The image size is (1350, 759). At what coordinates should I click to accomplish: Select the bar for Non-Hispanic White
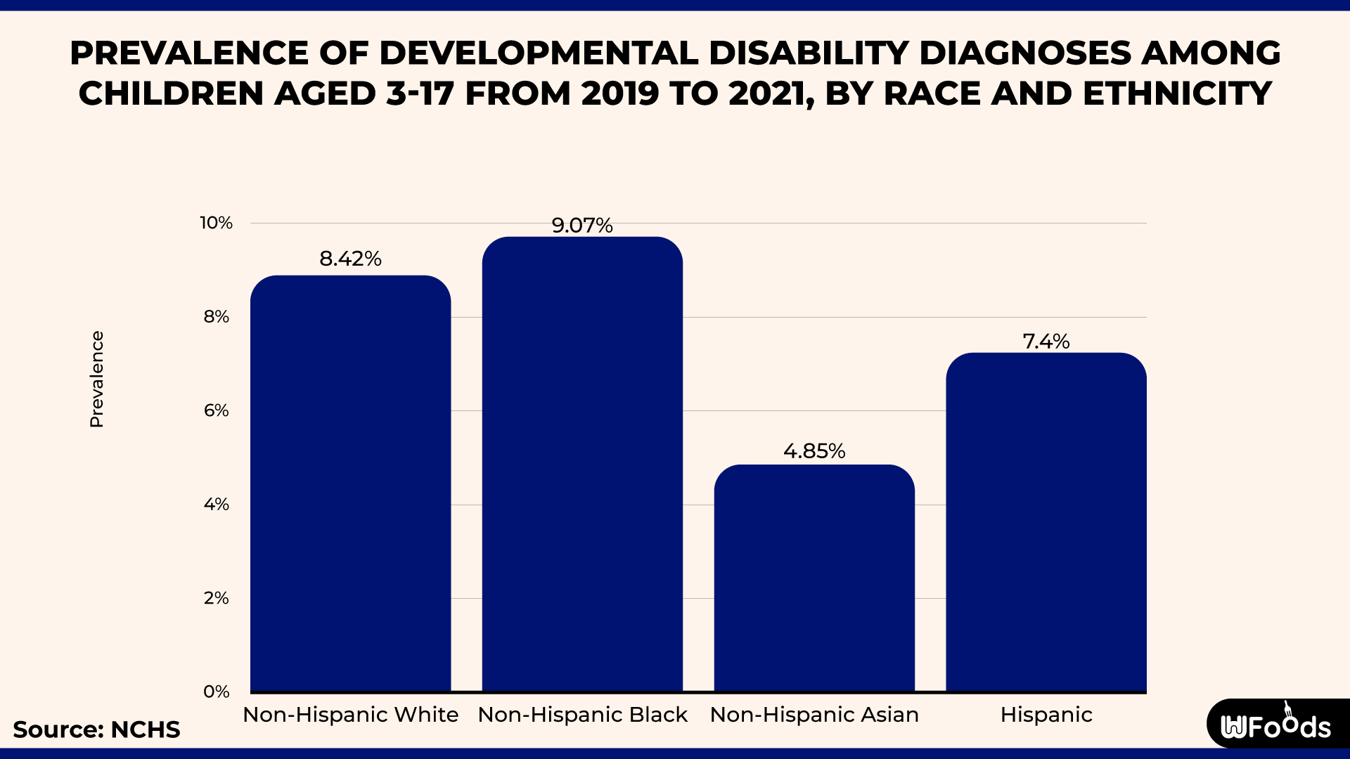click(350, 485)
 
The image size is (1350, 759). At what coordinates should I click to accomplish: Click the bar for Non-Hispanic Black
click(582, 464)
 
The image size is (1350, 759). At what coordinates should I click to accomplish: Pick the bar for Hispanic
click(1046, 523)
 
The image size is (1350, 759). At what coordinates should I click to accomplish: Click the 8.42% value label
click(350, 259)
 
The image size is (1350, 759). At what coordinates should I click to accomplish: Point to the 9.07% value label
click(582, 225)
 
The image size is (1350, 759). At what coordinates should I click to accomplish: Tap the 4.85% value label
click(814, 450)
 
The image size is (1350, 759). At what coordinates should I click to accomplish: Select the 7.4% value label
click(1046, 341)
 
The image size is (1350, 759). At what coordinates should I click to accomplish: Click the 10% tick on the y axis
click(216, 223)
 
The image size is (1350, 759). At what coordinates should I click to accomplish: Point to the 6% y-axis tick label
click(216, 410)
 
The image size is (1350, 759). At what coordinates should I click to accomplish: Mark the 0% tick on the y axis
click(216, 692)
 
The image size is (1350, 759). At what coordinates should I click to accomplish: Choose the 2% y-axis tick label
click(216, 598)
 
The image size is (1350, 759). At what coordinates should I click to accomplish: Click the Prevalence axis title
click(96, 379)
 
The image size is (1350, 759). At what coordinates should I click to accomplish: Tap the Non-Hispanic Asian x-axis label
click(814, 715)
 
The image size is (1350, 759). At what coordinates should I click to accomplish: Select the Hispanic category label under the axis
click(1046, 715)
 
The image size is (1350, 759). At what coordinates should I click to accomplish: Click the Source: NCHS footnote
click(96, 729)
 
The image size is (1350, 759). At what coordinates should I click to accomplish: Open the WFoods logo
click(1276, 725)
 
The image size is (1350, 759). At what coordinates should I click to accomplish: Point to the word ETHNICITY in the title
click(1178, 93)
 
